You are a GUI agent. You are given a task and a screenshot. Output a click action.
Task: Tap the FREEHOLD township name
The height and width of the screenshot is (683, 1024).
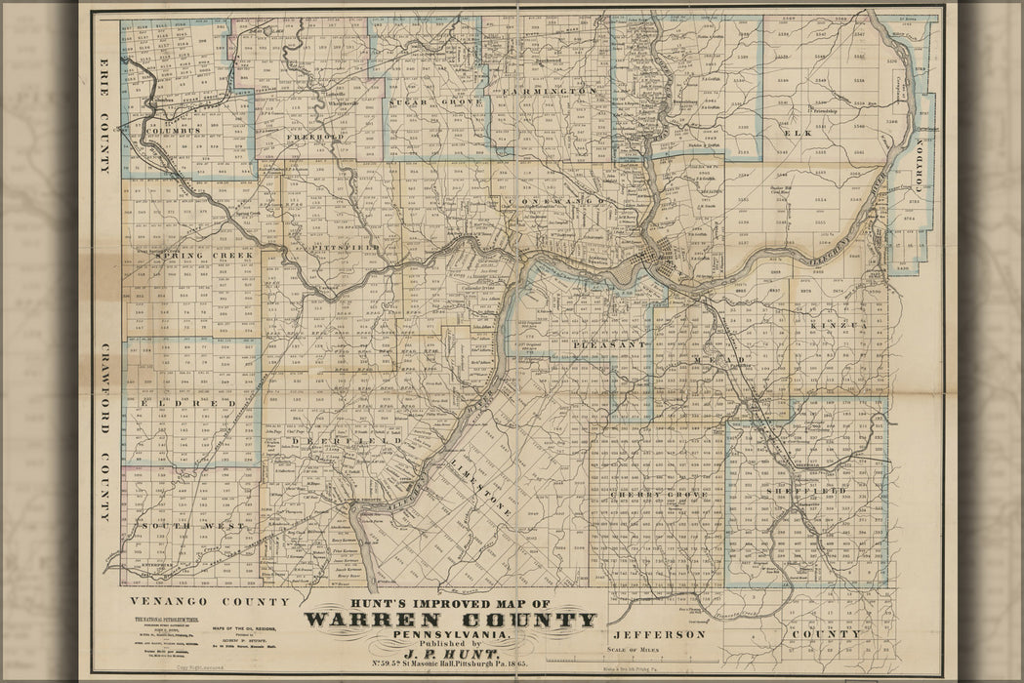(314, 138)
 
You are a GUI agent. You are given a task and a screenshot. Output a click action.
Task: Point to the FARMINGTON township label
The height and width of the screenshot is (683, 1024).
(550, 91)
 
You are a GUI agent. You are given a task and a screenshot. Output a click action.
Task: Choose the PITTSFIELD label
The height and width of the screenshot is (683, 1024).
(346, 249)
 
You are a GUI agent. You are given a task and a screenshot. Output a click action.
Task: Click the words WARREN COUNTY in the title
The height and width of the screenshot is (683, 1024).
(450, 621)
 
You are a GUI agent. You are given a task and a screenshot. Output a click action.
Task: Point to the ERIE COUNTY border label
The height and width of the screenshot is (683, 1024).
(103, 115)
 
